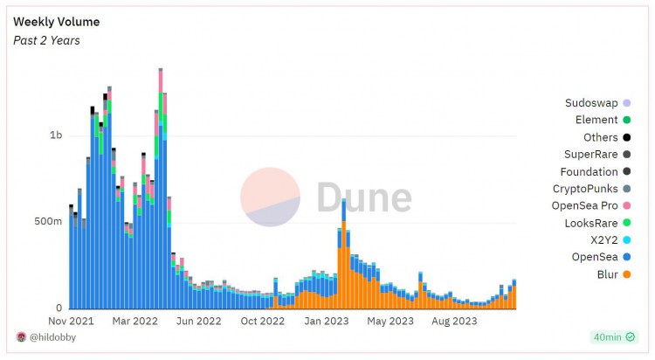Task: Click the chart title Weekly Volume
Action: (56, 22)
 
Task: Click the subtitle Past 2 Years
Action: (46, 40)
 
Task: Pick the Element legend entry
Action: (596, 120)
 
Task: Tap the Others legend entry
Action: (601, 137)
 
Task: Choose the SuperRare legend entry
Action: (591, 155)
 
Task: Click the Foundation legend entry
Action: (589, 172)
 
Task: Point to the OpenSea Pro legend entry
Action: (584, 206)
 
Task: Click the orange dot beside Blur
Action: (627, 274)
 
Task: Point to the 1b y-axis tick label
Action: (56, 135)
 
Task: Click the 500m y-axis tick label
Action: (49, 222)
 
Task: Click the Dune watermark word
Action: (363, 197)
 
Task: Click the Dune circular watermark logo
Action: (270, 197)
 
